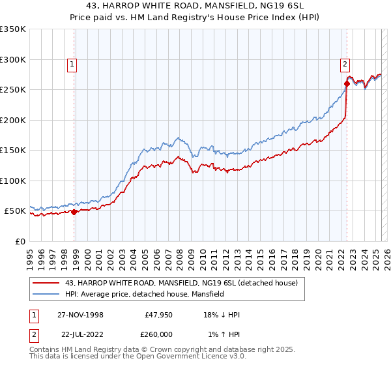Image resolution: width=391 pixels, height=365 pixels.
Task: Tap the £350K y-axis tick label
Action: coord(13,29)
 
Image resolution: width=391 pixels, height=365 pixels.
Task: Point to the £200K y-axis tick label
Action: coord(13,120)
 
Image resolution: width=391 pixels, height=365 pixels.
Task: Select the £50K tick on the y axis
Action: coord(15,211)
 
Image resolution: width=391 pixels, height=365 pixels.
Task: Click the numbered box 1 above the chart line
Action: coord(70,64)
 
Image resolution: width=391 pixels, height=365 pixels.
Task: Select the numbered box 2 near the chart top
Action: coord(344,64)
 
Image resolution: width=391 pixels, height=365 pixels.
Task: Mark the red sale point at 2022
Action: coord(347,83)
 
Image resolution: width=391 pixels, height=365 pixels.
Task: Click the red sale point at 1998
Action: coord(74,212)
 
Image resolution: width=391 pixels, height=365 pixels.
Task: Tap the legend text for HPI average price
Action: coord(144,294)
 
